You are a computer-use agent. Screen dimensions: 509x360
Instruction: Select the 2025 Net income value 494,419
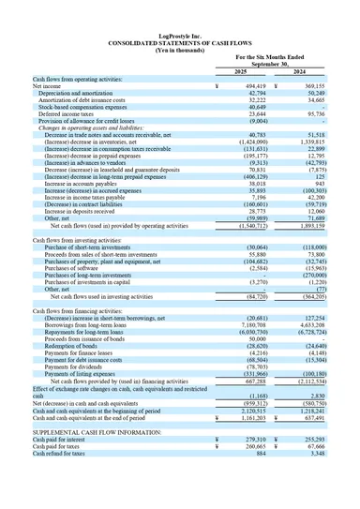click(251, 85)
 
